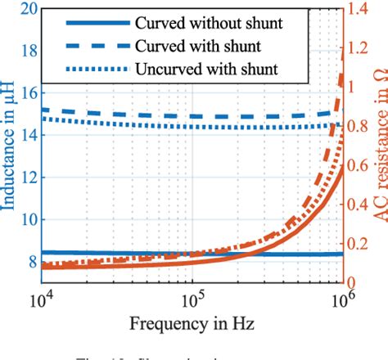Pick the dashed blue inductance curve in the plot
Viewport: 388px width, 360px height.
click(x=164, y=115)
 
